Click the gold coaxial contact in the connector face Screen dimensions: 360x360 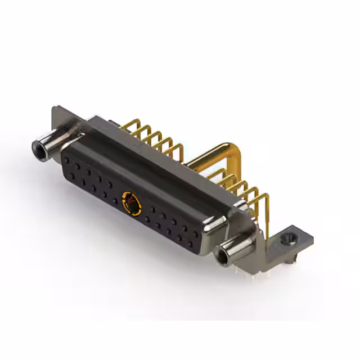[130, 200]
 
